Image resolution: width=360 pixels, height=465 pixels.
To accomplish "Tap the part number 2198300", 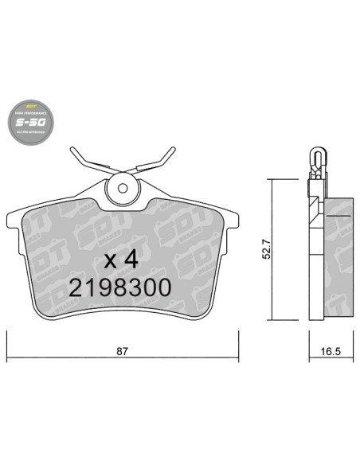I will (x=120, y=288).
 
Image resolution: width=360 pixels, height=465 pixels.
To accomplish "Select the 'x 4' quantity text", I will (x=120, y=258).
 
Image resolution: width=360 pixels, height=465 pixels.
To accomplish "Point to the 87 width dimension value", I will (x=123, y=351).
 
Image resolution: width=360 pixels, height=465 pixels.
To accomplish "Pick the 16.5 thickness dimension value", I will (x=330, y=351).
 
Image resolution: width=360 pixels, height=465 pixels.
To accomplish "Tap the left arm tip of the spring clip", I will (x=74, y=150).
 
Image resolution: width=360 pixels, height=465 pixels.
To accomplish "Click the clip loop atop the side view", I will (x=316, y=156).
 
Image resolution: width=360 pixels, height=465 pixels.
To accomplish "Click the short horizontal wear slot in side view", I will (x=339, y=216).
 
